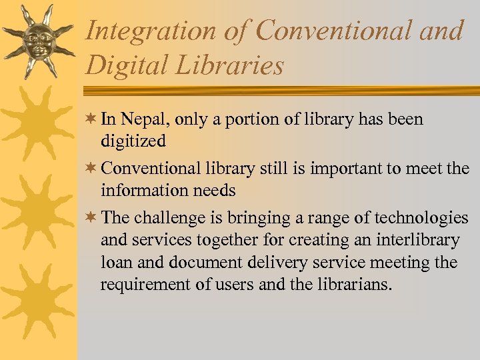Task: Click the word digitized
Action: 133,141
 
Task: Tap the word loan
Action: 115,262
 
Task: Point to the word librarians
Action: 359,285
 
